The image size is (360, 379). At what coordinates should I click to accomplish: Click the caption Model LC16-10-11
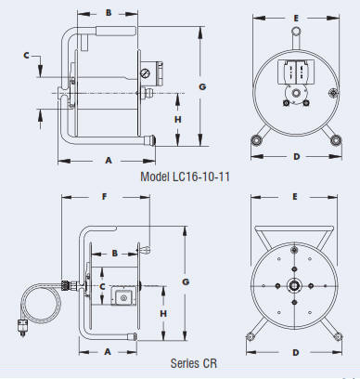tap(185, 176)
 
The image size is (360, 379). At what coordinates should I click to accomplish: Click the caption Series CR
tap(194, 363)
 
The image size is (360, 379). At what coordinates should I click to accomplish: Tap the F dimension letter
tap(105, 197)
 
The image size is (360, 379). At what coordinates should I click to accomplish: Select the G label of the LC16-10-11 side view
tap(202, 86)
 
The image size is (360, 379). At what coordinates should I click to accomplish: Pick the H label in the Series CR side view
tap(163, 313)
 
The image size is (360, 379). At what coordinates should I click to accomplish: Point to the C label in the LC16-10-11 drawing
tap(27, 56)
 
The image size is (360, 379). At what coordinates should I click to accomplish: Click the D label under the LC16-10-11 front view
tap(297, 157)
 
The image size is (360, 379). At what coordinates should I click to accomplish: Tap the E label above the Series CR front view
tap(295, 197)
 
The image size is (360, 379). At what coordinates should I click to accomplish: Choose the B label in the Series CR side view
tap(115, 254)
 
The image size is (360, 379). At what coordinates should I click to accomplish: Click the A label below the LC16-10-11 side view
tap(109, 161)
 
